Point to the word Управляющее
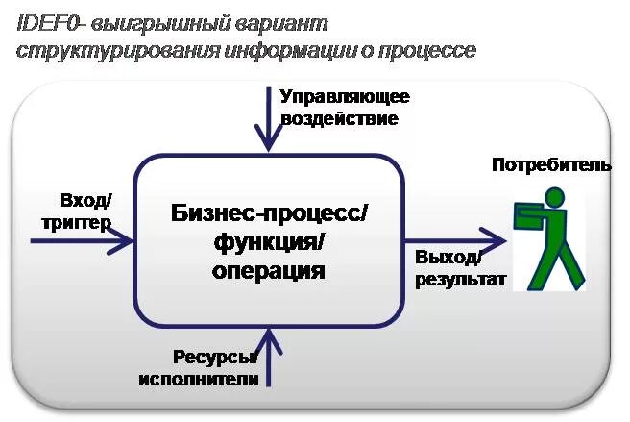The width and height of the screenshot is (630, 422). point(345,97)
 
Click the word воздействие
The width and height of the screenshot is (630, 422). point(339,119)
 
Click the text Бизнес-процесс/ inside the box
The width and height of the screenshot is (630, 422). point(269,213)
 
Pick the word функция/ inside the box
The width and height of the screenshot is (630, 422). point(269,242)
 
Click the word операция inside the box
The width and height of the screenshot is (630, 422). point(269,271)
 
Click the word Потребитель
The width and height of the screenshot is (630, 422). point(551,165)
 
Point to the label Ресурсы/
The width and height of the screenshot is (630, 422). point(215,357)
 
